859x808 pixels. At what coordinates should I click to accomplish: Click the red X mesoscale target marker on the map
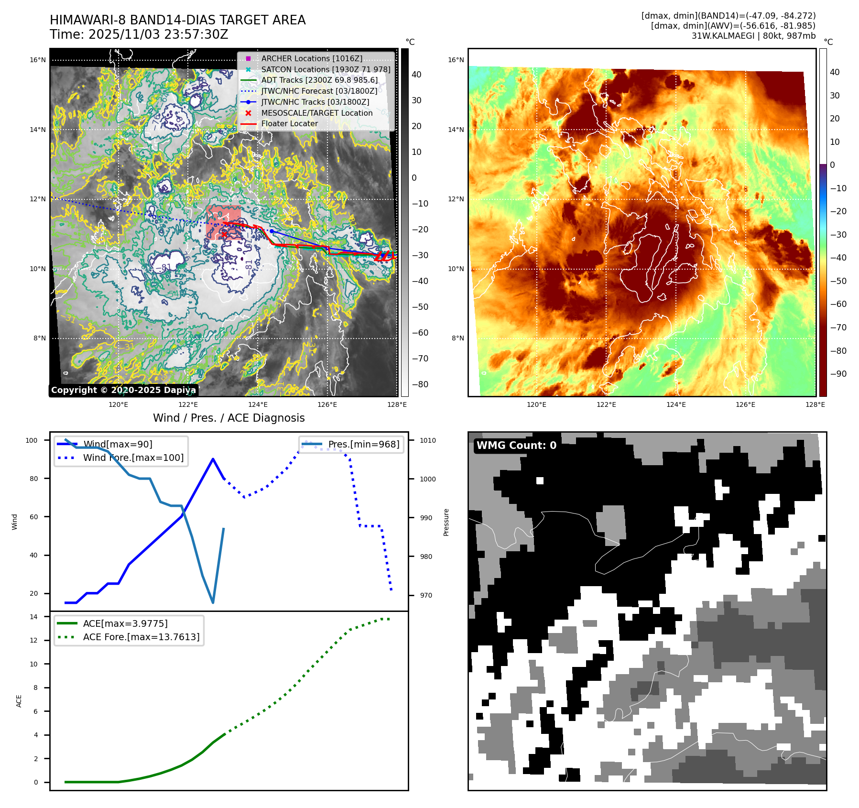pos(224,234)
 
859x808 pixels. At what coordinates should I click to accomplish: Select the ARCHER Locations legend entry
pos(311,58)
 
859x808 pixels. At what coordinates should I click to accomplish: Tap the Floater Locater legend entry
pos(289,123)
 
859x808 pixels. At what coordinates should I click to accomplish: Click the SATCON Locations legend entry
pos(325,69)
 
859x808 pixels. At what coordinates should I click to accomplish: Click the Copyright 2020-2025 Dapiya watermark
pos(123,390)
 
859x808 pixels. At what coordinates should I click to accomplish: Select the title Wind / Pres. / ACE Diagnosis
pos(228,418)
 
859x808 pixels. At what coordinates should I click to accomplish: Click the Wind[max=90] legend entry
pos(118,444)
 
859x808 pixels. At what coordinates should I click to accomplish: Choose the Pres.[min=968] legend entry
pos(363,444)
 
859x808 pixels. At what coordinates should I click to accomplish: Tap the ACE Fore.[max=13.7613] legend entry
pos(141,637)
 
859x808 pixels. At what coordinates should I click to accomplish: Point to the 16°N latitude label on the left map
pos(38,60)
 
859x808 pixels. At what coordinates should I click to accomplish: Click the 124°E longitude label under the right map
pos(675,404)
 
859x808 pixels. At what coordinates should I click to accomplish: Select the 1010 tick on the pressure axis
pos(428,440)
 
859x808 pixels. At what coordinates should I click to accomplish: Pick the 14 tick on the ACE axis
pos(33,617)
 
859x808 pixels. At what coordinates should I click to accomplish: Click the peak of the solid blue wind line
pos(213,459)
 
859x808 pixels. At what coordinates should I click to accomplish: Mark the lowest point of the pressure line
pos(213,602)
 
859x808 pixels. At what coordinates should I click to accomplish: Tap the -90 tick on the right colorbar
pos(838,374)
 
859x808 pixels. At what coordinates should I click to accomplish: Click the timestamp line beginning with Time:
pos(139,34)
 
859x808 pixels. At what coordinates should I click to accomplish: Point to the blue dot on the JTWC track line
pos(272,231)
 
